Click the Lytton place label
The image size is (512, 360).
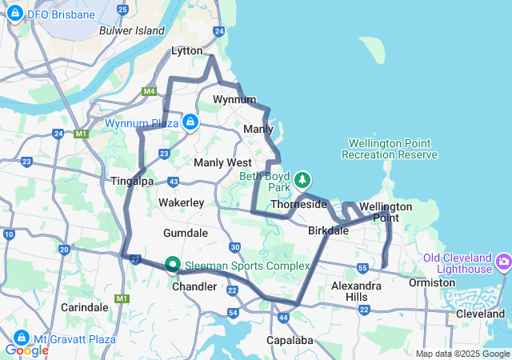[x=188, y=51]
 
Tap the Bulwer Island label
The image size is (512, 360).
[x=131, y=30]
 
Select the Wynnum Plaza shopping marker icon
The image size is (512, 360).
[x=190, y=122]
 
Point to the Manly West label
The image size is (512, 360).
[x=222, y=162]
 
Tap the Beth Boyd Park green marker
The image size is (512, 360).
[x=302, y=178]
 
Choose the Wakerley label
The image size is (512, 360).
[x=181, y=203]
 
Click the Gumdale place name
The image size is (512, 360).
[x=185, y=233]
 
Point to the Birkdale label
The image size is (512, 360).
[x=328, y=231]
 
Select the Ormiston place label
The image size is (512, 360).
[x=431, y=282]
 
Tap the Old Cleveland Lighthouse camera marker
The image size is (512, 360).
[x=503, y=262]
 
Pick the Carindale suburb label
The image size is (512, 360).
[x=84, y=307]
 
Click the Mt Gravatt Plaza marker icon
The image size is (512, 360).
[x=18, y=338]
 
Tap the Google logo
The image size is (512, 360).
[x=26, y=350]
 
